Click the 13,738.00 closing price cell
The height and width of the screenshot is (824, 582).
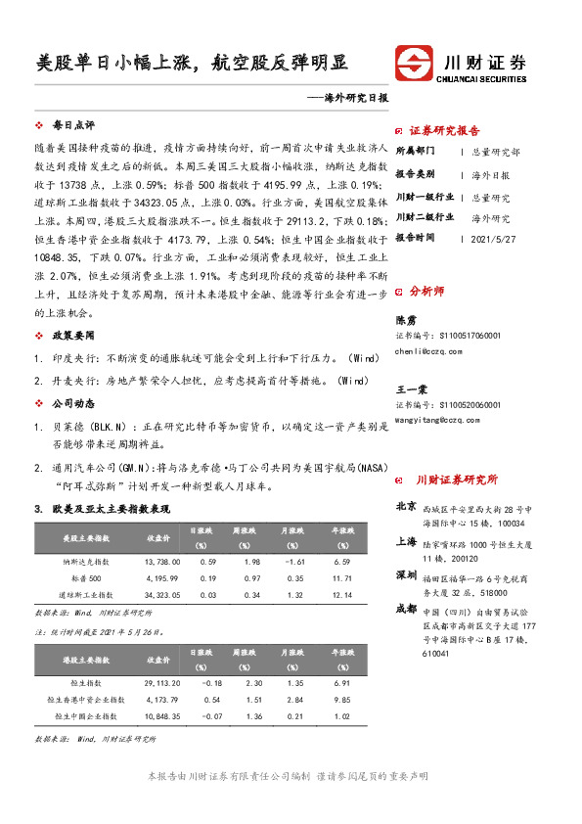click(x=157, y=561)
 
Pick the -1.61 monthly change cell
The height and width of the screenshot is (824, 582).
click(x=293, y=561)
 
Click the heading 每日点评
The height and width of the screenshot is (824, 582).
click(x=72, y=126)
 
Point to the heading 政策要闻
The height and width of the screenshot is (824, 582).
click(x=72, y=334)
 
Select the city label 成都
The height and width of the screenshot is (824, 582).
click(x=406, y=608)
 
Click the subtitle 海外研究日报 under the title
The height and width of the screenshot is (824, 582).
click(x=356, y=98)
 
